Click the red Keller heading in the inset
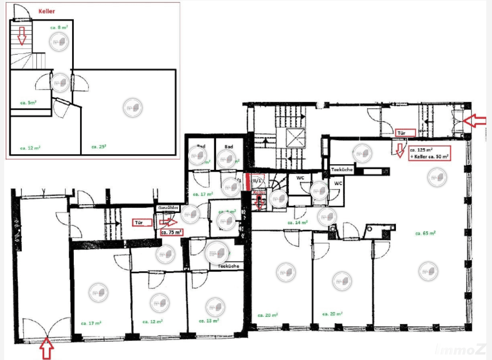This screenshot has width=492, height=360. coord(47,10)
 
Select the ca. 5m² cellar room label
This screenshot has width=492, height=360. coord(28,102)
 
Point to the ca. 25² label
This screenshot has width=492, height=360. coord(99,146)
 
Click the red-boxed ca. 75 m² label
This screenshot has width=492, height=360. coord(171,232)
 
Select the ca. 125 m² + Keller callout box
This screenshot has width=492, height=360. coord(429,153)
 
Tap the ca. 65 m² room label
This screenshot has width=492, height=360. coord(425,233)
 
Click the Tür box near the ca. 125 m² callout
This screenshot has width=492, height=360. coord(404,133)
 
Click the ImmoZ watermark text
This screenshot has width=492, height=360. coord(470,350)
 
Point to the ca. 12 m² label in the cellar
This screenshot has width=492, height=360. coord(30,148)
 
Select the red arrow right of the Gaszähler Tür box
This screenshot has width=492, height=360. coord(170,222)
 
